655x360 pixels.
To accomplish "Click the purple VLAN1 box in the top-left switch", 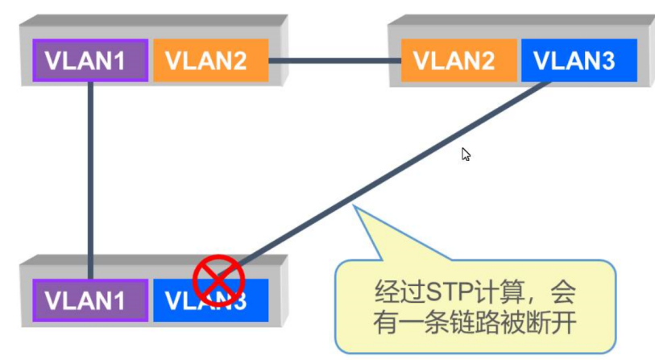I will tap(90, 60).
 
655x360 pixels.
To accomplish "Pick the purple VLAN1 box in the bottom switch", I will tap(90, 300).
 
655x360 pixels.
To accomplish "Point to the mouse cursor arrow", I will tap(466, 154).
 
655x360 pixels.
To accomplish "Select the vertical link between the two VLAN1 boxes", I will tap(92, 177).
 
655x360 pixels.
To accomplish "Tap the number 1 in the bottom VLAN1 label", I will tap(134, 300).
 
